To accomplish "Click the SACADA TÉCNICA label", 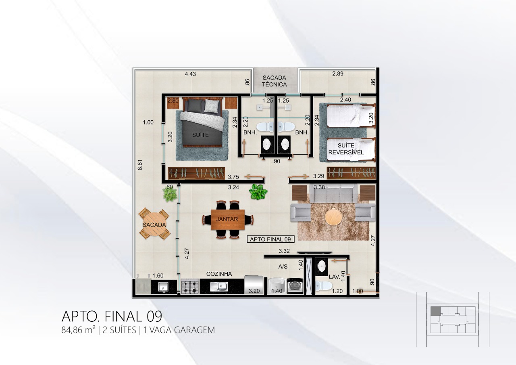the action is point(274,81).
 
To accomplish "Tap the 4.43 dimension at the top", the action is point(190,74).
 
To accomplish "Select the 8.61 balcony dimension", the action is point(140,165).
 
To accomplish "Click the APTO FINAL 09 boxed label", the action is point(270,239).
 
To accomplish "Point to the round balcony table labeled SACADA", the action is point(154,224).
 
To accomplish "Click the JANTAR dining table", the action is point(228,219).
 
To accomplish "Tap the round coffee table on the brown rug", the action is point(333,217).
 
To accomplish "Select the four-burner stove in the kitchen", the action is point(190,286).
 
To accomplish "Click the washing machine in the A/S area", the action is point(295,286).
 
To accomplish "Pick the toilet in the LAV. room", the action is point(323,286).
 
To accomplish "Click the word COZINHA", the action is point(219,274).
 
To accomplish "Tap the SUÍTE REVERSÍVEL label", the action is point(346,149).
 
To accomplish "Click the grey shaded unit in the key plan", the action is point(435,311).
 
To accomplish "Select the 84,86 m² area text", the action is point(78,330).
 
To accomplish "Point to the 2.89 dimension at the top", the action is point(338,73).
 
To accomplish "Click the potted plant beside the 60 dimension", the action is point(170,195).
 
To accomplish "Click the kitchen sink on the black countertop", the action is point(218,287).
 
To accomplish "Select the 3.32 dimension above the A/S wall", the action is point(284,251).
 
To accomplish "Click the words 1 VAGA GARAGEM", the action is point(179,330).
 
